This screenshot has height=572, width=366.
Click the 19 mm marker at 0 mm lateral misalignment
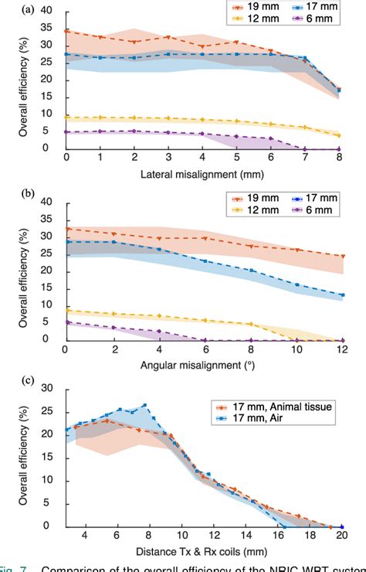point(67,32)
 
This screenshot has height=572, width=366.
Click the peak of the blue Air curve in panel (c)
point(144,404)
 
